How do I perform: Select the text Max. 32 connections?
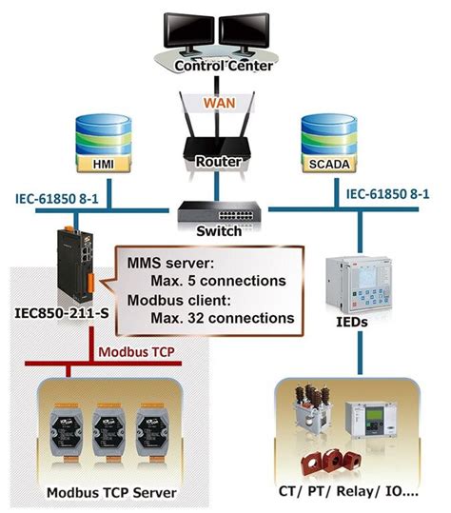point(219,318)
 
